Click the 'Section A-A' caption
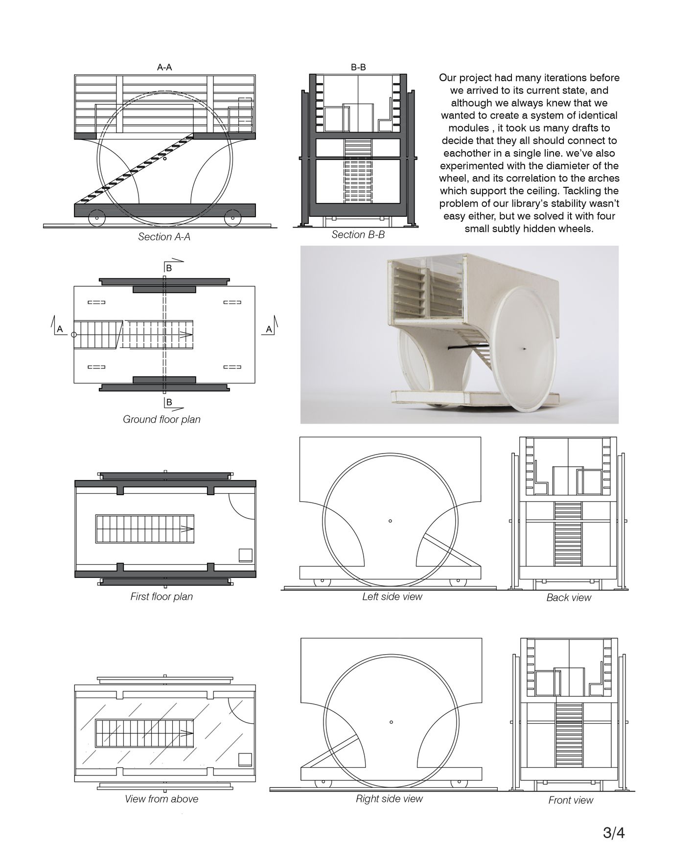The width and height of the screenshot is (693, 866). (164, 237)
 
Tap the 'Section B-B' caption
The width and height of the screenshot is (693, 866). (358, 235)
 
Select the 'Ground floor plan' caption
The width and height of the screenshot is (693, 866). (162, 419)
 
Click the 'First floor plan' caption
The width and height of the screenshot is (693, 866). (162, 596)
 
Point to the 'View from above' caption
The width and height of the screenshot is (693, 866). (162, 799)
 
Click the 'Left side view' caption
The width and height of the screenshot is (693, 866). (392, 596)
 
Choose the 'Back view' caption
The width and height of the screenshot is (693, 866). (569, 597)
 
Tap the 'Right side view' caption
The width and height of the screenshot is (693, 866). (389, 798)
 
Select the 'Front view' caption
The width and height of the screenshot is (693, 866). (571, 800)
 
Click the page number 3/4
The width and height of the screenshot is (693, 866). (614, 833)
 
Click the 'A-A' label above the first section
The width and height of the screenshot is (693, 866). (164, 68)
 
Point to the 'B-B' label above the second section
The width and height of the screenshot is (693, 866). (358, 68)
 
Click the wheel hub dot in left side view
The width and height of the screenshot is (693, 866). (390, 521)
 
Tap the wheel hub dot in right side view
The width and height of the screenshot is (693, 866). (391, 722)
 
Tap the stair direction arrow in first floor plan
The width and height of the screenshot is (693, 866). (186, 528)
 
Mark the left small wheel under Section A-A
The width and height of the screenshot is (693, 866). (96, 218)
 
